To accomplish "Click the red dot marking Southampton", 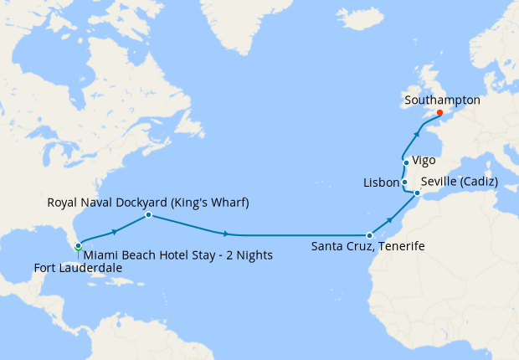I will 439,113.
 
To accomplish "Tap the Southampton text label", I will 442,100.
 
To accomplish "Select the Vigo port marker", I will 406,162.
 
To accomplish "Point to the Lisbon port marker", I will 404,183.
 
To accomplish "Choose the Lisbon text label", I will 381,183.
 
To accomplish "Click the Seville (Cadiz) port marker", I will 417,193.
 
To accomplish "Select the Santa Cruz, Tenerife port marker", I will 369,235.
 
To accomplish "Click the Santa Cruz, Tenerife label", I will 367,247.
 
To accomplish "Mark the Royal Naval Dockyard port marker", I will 148,215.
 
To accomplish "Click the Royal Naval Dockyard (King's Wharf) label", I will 148,203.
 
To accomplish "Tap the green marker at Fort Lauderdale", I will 78,246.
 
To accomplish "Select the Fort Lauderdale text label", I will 78,268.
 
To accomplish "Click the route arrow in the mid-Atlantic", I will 226,234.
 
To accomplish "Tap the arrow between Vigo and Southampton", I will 419,131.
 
